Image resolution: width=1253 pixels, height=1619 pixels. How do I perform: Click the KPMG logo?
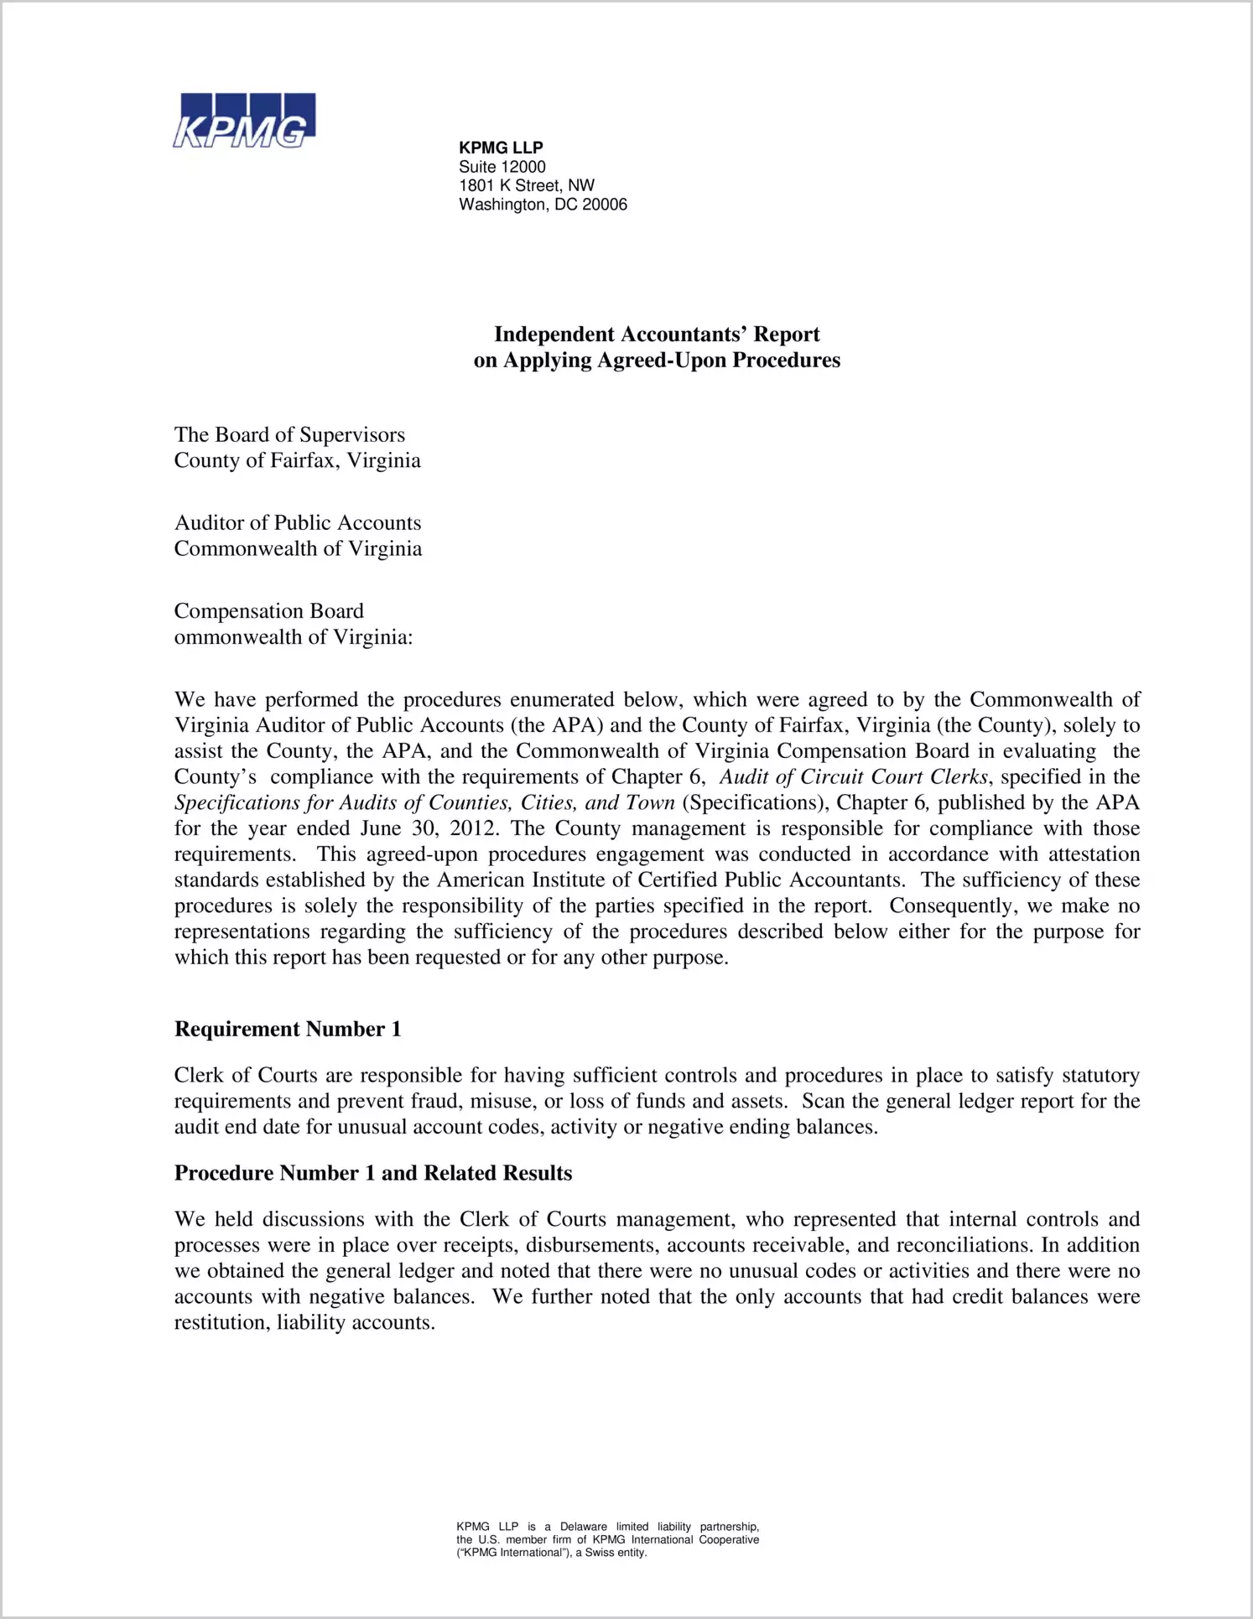pos(244,121)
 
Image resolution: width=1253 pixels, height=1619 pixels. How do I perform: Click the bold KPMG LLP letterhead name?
pos(501,148)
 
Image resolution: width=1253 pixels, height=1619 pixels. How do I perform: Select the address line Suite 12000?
pos(502,167)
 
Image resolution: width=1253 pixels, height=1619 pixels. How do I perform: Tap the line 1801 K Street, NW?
pos(526,185)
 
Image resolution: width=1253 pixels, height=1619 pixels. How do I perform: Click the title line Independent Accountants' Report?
pos(657,334)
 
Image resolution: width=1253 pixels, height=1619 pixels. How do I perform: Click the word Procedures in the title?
pos(787,360)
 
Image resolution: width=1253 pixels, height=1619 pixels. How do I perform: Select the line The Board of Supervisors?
pos(289,434)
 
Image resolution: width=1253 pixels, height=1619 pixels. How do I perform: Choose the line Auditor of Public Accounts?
pos(298,522)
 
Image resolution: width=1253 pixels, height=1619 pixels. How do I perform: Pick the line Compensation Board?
pos(268,610)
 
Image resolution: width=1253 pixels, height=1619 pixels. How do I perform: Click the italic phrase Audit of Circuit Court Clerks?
pos(853,776)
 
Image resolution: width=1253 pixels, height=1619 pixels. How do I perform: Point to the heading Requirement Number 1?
pos(288,1029)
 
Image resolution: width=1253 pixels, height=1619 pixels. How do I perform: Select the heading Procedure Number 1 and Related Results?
pos(373,1173)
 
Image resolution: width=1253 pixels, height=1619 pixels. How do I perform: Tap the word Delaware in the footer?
pos(583,1527)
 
